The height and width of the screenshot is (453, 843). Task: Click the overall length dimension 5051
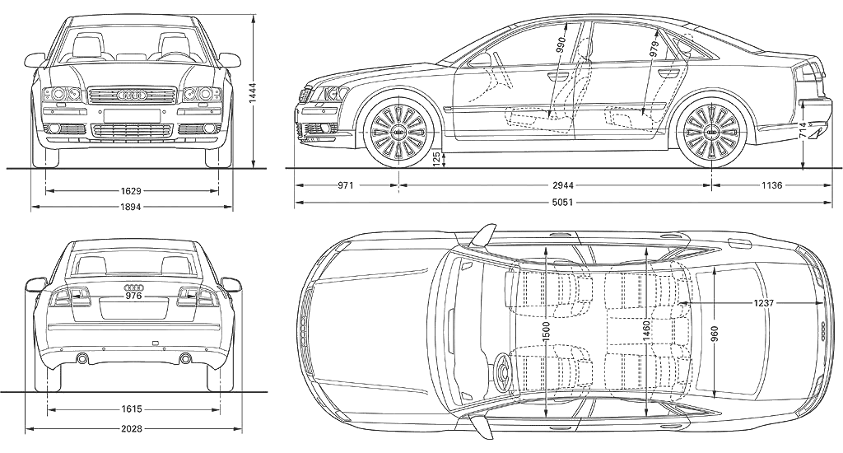564,202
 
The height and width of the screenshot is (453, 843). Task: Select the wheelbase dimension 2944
556,185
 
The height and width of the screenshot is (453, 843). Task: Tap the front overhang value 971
345,185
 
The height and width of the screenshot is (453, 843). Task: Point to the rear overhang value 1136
771,185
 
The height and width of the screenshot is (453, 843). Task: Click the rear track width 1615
133,408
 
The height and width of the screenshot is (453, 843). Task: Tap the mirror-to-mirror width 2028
133,428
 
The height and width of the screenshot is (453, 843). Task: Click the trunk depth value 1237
764,304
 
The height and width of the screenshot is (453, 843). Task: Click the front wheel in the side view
398,130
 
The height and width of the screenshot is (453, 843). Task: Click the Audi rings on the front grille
132,95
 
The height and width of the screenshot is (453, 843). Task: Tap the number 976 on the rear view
133,295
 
